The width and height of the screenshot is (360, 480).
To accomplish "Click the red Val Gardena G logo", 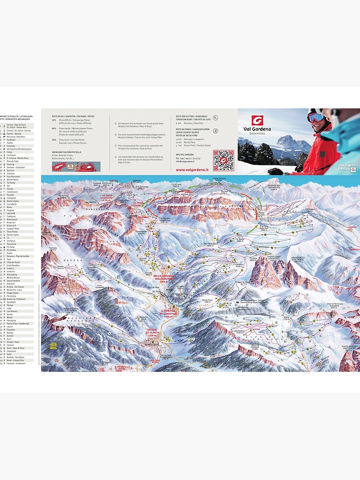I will [x=258, y=120].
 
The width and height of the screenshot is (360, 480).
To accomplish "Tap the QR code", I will [x=223, y=160].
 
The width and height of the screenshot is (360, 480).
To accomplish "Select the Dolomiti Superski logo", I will [x=343, y=167].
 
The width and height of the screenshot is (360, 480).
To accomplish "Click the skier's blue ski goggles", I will [x=315, y=117].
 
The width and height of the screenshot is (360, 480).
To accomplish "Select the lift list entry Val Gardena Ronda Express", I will [x=19, y=149].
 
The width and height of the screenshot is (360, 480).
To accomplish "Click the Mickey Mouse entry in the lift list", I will [x=13, y=277].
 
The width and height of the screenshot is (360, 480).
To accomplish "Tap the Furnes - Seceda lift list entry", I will [x=14, y=133].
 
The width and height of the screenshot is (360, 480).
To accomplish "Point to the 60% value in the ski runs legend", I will [x=54, y=129].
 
